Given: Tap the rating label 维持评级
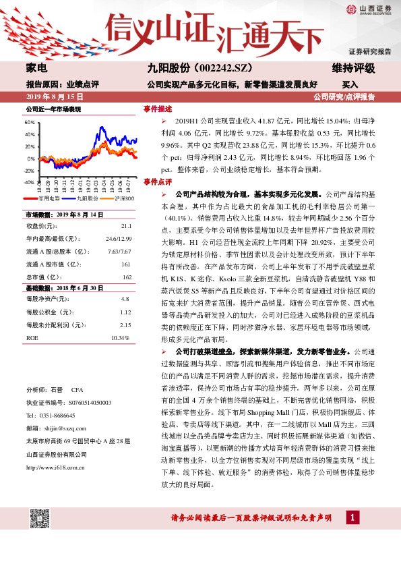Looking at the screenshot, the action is (357, 69).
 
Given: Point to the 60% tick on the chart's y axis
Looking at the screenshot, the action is (30, 123).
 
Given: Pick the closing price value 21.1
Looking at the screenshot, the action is (125, 226).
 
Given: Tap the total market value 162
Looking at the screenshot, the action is (125, 277).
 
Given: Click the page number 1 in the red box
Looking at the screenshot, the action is (351, 536).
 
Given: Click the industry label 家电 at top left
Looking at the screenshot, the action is (36, 69).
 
